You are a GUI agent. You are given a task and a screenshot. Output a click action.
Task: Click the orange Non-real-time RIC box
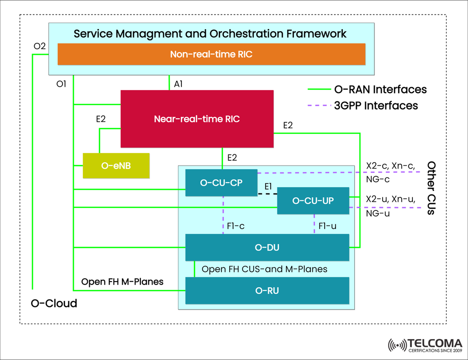pos(211,54)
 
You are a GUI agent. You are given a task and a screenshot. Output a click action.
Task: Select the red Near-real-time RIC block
pos(197,118)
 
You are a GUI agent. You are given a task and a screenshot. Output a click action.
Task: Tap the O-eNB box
pos(116,166)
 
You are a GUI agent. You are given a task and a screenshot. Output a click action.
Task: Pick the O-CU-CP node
pos(221,183)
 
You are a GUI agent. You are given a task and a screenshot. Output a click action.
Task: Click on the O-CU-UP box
pos(313,200)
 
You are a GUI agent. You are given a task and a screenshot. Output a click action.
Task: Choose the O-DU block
pos(267,247)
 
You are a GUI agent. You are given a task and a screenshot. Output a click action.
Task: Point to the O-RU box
pos(267,291)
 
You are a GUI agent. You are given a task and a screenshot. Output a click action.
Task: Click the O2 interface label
pos(39,46)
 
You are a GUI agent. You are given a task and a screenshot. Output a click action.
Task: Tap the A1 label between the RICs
pos(178,84)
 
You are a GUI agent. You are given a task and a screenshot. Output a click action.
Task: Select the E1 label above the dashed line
pos(268,187)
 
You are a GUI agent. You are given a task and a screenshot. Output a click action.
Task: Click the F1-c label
pos(236,226)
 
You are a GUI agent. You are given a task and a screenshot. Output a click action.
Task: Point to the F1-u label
pos(327,226)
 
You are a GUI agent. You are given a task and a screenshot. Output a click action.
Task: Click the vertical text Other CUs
pos(431,188)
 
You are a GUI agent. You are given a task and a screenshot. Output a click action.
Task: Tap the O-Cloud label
pos(54,303)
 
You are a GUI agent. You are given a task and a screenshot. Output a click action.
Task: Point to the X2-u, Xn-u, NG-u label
pos(390,206)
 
